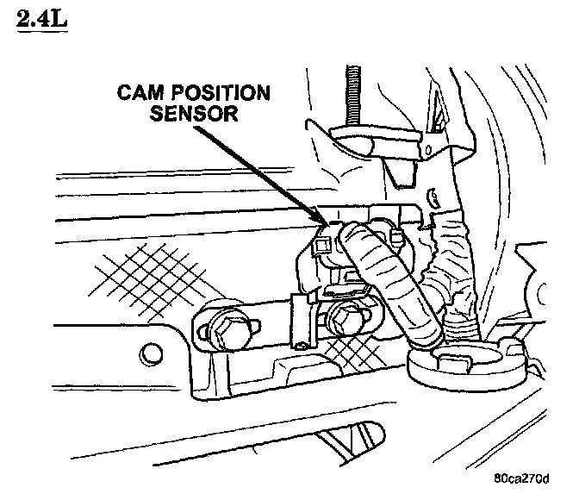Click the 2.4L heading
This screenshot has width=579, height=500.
[40, 19]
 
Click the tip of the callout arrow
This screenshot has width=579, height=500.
[324, 226]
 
